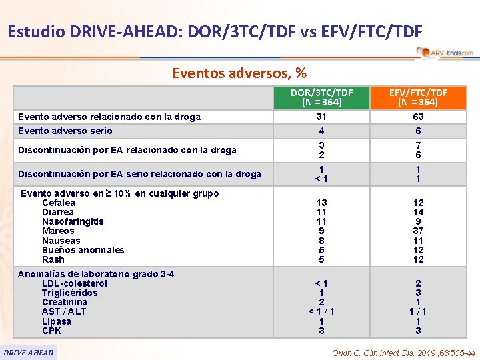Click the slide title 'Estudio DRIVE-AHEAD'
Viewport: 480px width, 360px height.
click(214, 31)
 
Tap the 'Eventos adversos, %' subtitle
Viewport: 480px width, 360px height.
click(239, 72)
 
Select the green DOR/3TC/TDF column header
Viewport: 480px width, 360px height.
click(321, 97)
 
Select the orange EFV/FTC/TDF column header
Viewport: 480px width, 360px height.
click(418, 97)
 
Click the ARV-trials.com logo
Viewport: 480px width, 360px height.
click(445, 53)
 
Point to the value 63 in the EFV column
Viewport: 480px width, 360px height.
click(418, 117)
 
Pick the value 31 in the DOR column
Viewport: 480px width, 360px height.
click(321, 117)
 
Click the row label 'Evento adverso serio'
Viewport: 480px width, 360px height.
click(65, 131)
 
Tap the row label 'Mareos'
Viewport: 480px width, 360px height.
click(58, 231)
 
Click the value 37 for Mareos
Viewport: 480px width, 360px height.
click(418, 231)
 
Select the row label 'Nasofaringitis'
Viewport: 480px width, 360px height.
click(73, 221)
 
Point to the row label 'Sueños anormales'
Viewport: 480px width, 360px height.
click(83, 250)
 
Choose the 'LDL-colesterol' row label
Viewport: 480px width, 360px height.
click(74, 283)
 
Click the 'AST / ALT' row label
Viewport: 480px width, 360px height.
click(64, 311)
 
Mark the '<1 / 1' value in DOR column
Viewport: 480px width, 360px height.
click(321, 311)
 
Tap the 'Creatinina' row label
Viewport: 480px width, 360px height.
click(64, 302)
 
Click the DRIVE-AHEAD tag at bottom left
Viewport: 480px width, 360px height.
click(29, 352)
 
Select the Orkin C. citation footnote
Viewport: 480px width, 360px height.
click(403, 353)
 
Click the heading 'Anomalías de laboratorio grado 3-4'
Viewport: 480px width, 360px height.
click(96, 274)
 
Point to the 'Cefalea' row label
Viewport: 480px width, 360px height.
click(59, 203)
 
